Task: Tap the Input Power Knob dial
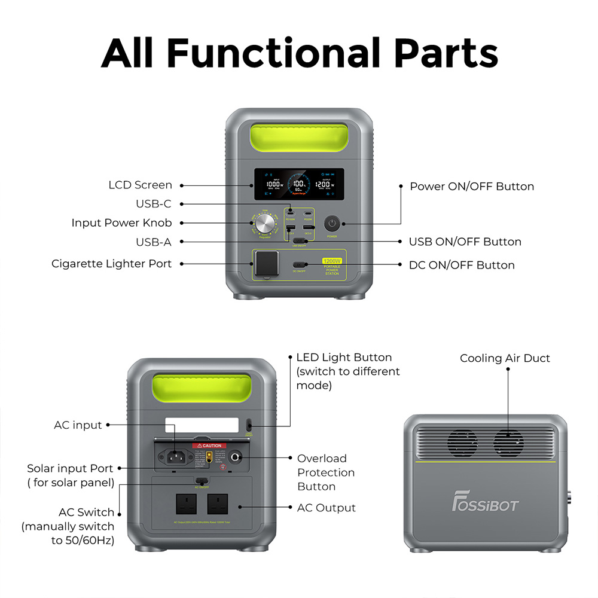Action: point(264,225)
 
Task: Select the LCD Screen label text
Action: point(140,185)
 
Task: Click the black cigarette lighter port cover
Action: point(266,263)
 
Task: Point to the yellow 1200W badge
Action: point(331,261)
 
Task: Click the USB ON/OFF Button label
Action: point(465,242)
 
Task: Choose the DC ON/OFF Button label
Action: point(462,265)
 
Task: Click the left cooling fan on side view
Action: point(462,443)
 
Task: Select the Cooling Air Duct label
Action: point(505,358)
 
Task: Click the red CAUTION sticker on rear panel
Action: point(209,446)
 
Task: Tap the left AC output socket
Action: point(187,503)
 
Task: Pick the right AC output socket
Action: point(218,503)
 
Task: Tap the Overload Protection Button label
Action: point(326,472)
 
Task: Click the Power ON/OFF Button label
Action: point(471,187)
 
